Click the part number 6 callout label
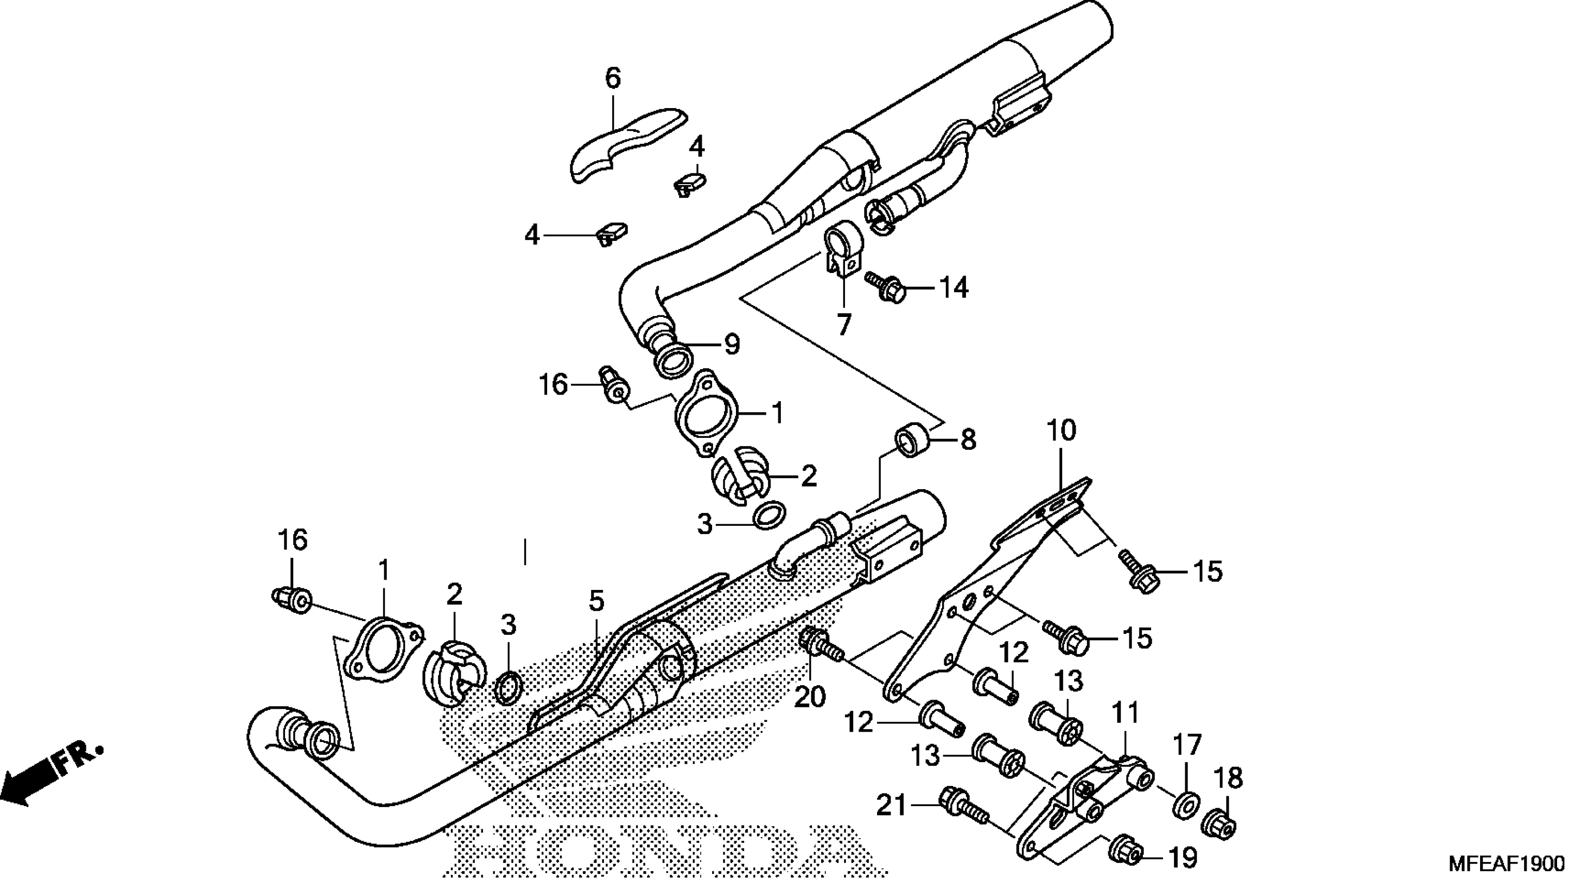tap(612, 79)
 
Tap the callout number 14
tap(953, 287)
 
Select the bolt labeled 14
tap(885, 287)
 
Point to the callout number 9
tap(732, 345)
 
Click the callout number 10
tap(1062, 431)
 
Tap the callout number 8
tap(968, 440)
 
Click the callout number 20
tap(809, 696)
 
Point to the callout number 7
tap(843, 325)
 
